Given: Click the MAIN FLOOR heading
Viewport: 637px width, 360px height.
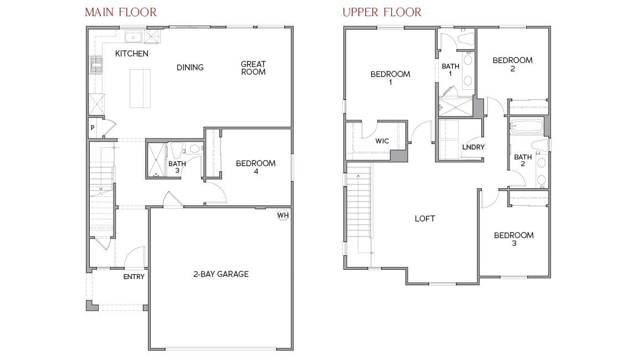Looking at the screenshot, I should click(120, 12).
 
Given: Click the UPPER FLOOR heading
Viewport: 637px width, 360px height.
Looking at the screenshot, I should click(382, 12).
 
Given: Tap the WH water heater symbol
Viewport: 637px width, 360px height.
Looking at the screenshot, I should click(283, 215).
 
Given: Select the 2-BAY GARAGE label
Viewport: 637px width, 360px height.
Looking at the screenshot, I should click(220, 274).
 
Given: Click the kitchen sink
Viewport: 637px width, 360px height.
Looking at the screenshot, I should click(133, 38).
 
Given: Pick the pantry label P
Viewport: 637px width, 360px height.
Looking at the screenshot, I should click(93, 128).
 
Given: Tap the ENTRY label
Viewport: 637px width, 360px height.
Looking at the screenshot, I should click(133, 277).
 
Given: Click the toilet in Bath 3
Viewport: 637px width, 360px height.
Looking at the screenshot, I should click(177, 150).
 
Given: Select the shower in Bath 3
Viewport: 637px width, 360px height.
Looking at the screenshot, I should click(156, 160).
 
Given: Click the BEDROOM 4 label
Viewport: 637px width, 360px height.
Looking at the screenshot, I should click(255, 167).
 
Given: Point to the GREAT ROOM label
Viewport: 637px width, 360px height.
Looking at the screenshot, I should click(253, 68).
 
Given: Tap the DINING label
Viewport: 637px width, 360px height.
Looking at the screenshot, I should click(190, 68).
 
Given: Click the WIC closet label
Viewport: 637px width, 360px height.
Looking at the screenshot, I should click(382, 141).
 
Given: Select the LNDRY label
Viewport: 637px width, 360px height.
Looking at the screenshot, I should click(473, 147).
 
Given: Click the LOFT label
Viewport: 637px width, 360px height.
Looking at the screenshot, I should click(425, 219).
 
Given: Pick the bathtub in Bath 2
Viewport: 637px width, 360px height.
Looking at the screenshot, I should click(526, 126).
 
